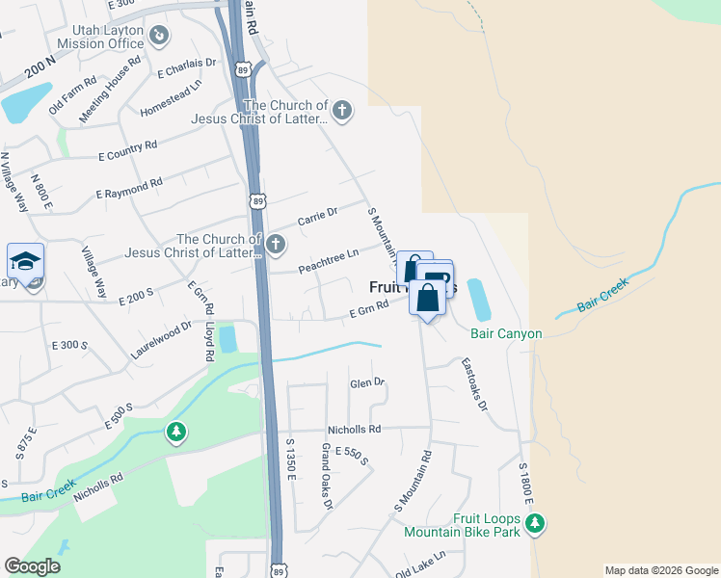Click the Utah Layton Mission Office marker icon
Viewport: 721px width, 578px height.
pos(160,37)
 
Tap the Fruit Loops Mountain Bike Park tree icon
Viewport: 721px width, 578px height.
pos(536,524)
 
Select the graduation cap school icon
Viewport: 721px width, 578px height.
pos(25,261)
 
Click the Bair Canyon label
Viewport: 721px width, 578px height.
pos(506,334)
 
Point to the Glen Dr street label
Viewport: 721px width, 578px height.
pos(367,382)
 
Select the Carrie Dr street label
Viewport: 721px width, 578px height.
pos(317,218)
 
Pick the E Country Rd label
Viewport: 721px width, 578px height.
pos(127,150)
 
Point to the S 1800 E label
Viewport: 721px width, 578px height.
pos(526,477)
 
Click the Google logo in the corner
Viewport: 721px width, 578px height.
pos(32,566)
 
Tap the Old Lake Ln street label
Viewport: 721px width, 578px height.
pos(421,564)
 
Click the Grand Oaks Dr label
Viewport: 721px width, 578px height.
pos(327,477)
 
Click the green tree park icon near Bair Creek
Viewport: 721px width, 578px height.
pos(175,433)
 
